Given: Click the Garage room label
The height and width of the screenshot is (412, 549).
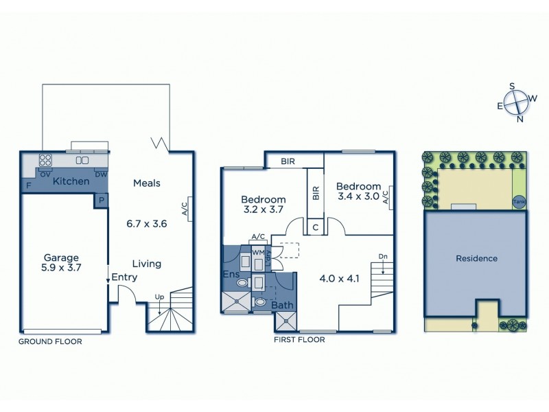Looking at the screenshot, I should tap(58, 256).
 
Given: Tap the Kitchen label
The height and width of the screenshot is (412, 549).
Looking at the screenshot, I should tap(71, 181).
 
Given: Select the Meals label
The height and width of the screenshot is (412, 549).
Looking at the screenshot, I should tap(147, 183).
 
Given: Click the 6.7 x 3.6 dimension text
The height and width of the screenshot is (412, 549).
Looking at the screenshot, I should tap(147, 224).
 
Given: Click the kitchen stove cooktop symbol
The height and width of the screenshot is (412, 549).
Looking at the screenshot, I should tap(47, 161).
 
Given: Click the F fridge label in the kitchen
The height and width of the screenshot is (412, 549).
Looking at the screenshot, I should tap(29, 185).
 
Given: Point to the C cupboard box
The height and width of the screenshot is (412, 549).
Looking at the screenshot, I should tap(316, 226).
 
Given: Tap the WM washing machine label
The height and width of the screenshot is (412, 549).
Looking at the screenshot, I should tap(258, 253).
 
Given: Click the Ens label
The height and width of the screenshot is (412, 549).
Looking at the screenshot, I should tap(231, 275).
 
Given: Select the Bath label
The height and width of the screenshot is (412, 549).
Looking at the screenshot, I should tap(281, 305).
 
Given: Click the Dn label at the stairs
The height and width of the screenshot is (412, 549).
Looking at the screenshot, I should tap(382, 257).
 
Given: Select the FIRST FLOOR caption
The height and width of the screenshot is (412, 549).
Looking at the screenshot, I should tap(299, 339).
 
